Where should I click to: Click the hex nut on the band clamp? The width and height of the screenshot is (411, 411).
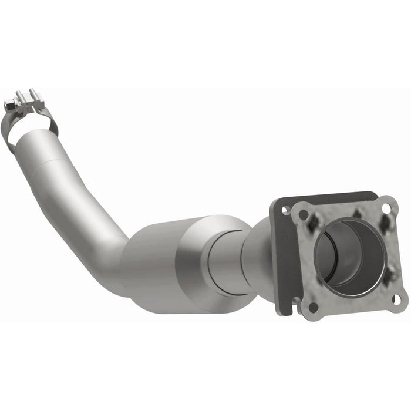point(9,106)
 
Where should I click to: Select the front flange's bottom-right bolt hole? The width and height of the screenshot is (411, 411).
point(396,299)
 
